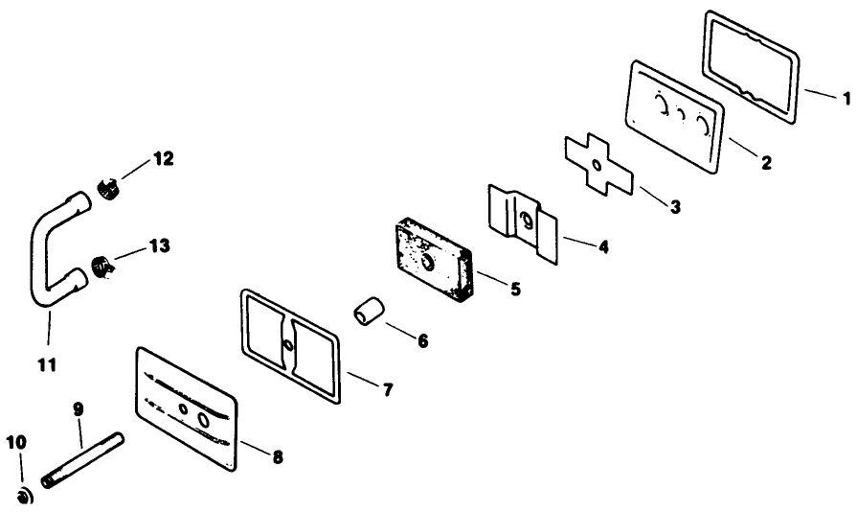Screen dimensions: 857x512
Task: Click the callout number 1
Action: (846, 99)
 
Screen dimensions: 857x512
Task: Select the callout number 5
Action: (515, 289)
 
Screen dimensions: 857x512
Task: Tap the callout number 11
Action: (47, 364)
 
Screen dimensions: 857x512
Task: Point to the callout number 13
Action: (160, 246)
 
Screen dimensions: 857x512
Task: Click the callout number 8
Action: (278, 457)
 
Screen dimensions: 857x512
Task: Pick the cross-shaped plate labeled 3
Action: (598, 164)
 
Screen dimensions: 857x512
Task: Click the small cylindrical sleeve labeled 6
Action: (367, 313)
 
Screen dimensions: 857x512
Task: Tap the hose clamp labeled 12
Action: (108, 189)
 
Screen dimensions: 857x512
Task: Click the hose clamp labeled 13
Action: (103, 267)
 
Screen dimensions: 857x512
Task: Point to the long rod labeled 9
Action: (82, 460)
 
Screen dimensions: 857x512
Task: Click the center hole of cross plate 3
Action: (597, 164)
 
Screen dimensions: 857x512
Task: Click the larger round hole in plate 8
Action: (203, 420)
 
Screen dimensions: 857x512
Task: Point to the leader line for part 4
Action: (578, 242)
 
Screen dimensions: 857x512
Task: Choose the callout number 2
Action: (766, 162)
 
